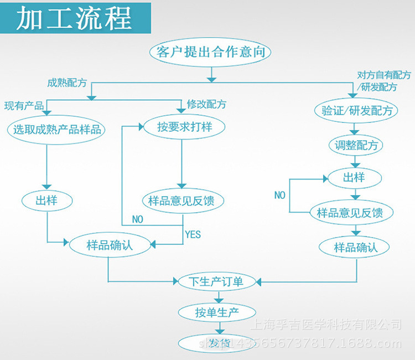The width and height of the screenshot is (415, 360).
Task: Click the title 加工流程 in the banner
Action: (x=74, y=19)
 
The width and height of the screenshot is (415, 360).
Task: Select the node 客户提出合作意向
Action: (x=210, y=52)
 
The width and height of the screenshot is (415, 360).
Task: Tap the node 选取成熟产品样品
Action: (x=57, y=130)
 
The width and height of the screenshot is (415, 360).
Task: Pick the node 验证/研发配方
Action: (x=356, y=110)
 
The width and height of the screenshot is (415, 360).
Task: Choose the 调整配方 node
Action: (x=356, y=146)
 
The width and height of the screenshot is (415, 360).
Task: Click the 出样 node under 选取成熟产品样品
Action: (x=46, y=200)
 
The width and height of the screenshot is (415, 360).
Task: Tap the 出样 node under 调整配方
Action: (x=354, y=178)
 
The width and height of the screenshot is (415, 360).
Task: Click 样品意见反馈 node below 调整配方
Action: (x=354, y=212)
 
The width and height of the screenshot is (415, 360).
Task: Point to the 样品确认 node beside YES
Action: (x=110, y=245)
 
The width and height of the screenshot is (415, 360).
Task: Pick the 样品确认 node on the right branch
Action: (x=355, y=247)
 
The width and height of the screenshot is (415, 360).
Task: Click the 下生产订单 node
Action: (x=211, y=281)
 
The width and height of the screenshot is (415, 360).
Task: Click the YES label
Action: (x=193, y=234)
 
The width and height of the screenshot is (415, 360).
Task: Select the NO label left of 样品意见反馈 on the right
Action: (x=280, y=195)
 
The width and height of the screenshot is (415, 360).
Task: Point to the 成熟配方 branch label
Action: (x=67, y=83)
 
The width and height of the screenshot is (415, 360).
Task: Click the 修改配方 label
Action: (x=206, y=104)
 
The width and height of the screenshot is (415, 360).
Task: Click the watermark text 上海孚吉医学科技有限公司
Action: (x=327, y=323)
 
